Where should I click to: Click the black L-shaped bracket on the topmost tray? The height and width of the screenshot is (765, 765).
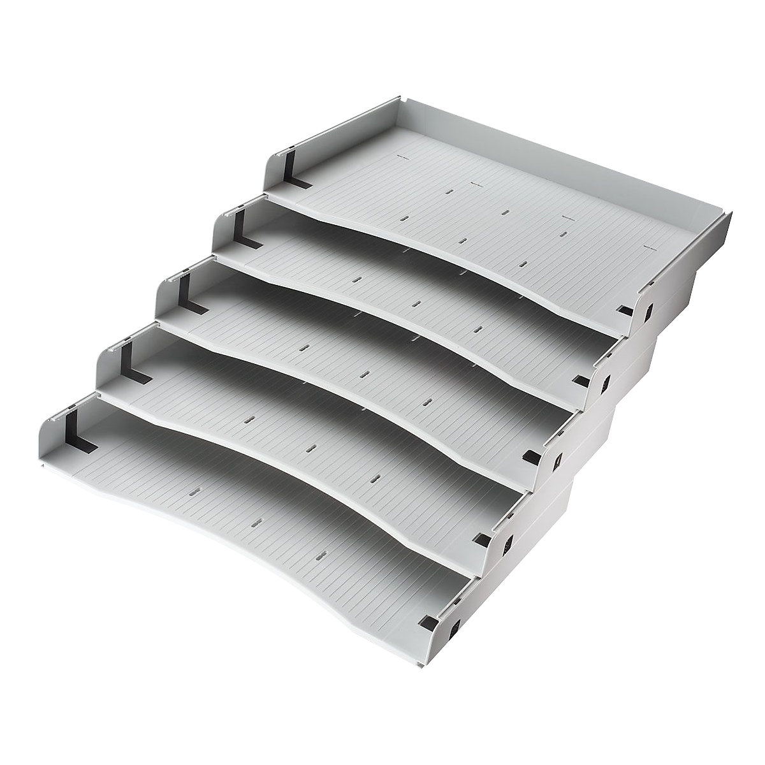295,171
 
